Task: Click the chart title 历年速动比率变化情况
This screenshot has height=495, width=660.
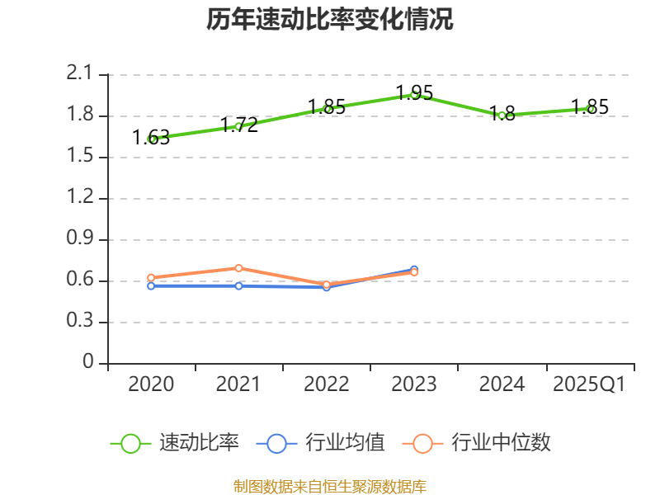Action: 330,20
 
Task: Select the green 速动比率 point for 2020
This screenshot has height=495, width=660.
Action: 152,139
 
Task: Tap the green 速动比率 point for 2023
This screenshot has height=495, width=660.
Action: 414,95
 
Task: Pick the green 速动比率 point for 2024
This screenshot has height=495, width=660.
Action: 502,115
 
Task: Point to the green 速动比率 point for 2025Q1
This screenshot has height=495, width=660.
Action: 590,109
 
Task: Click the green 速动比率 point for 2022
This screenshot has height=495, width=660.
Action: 328,109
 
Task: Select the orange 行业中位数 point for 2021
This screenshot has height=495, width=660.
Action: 239,268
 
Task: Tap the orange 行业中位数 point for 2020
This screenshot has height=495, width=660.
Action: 151,278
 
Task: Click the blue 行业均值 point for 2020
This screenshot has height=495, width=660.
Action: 151,285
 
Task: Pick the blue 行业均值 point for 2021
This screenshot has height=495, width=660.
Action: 239,285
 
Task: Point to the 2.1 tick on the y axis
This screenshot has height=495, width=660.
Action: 80,74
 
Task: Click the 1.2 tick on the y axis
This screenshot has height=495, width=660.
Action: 80,198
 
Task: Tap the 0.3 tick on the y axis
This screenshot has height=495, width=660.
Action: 80,322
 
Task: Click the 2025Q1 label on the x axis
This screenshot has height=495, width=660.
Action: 589,384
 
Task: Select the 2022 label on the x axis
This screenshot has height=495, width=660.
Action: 327,384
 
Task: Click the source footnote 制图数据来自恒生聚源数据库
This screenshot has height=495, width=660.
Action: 330,486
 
